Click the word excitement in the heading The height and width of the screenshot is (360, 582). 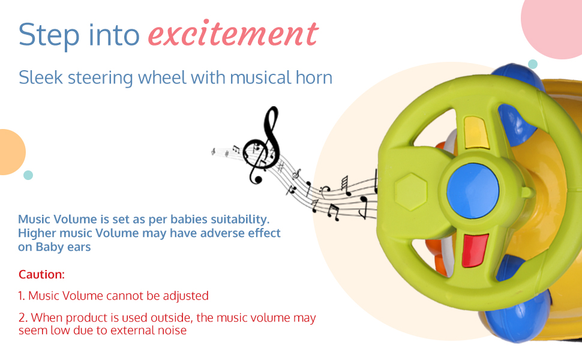click(x=233, y=34)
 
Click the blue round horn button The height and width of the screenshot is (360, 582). click(x=473, y=190)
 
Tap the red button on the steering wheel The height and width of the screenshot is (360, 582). click(x=475, y=251)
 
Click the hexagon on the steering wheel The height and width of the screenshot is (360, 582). click(x=411, y=192)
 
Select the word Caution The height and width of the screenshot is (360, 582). click(x=41, y=274)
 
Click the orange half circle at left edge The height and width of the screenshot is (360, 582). click(x=11, y=152)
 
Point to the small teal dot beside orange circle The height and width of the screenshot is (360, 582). click(x=28, y=175)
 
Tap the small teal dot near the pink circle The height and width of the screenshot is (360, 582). click(x=533, y=64)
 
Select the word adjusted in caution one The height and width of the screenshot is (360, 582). click(x=185, y=296)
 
